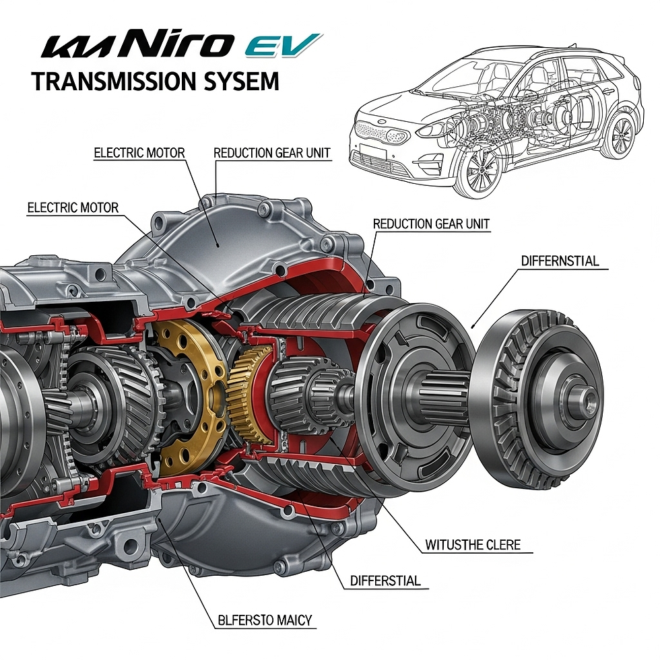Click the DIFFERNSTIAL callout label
(x=560, y=261)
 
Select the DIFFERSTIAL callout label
(x=385, y=581)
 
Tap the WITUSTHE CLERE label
(x=473, y=545)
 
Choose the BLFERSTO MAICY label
(x=265, y=619)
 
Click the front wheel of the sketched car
(x=480, y=170)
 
